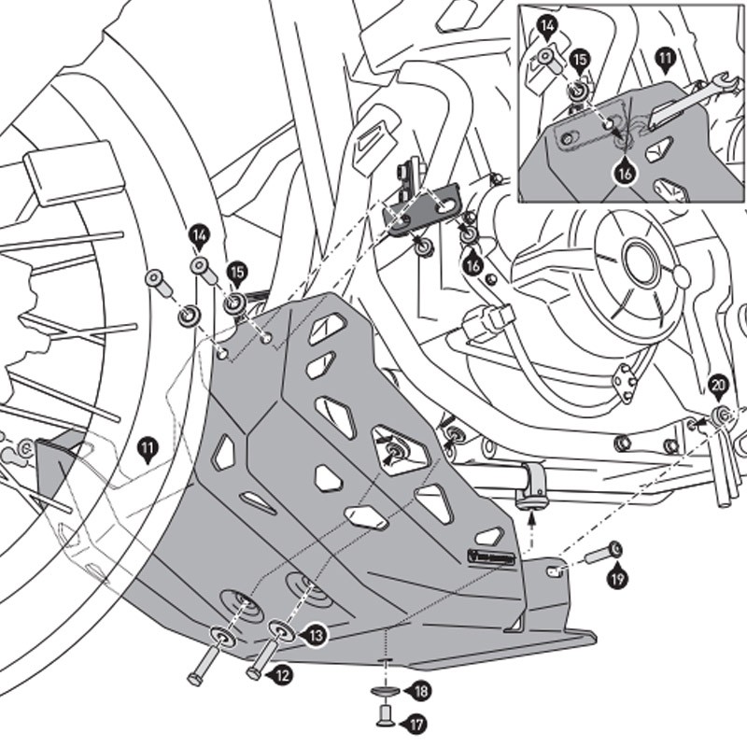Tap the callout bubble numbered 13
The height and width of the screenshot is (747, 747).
[x=316, y=635]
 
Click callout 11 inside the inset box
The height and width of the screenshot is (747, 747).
[x=665, y=58]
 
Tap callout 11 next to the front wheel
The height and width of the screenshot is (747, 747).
[x=147, y=448]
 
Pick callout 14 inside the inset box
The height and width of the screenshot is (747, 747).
[x=547, y=26]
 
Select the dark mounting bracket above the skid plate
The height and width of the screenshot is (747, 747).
[x=425, y=206]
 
